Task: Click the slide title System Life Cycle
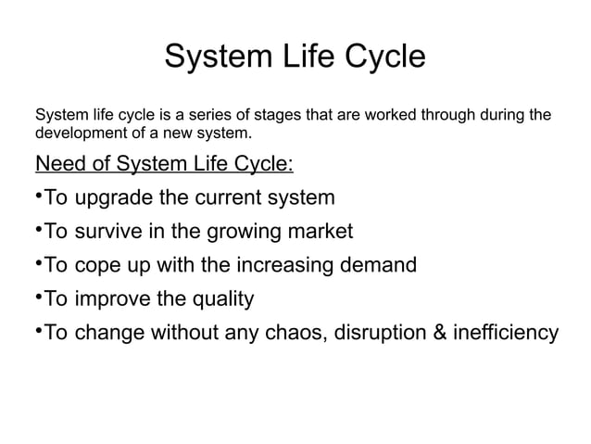295,57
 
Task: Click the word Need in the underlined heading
58,165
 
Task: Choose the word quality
220,299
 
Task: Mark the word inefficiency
506,333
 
